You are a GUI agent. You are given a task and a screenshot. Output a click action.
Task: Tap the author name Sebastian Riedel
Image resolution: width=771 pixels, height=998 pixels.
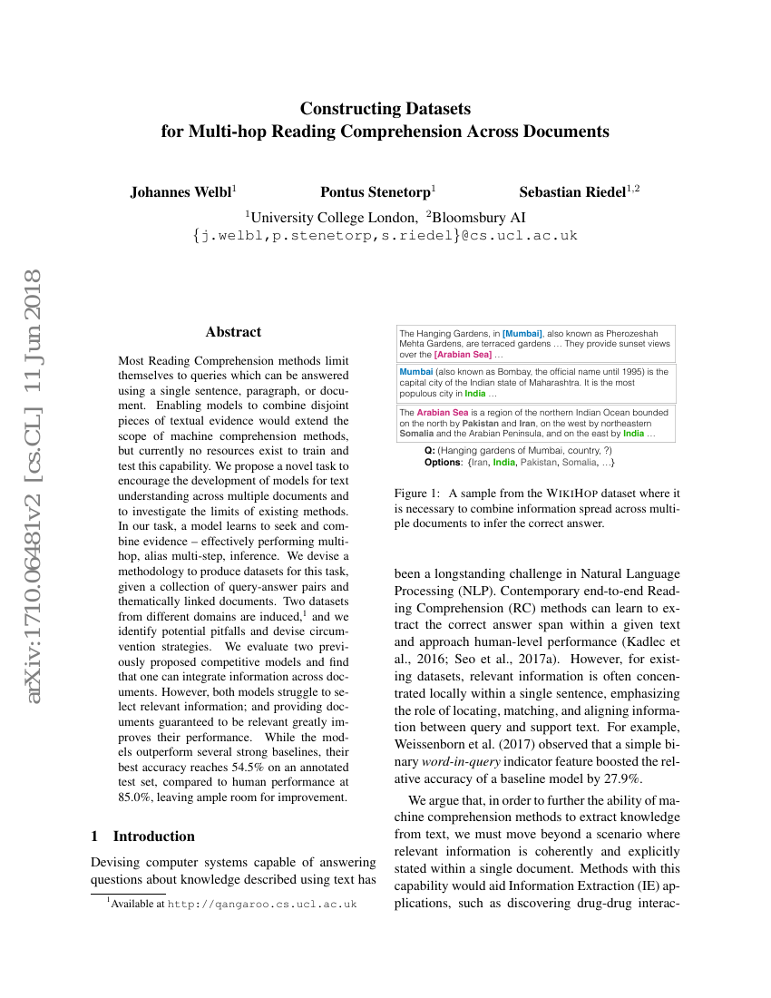click(x=572, y=191)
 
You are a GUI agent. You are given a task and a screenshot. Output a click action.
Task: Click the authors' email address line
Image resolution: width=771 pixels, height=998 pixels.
click(x=385, y=236)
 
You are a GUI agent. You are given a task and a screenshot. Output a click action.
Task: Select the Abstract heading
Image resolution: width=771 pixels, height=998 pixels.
click(x=233, y=332)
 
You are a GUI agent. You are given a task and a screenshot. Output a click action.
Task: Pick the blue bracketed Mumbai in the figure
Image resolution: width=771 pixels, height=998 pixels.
click(x=522, y=334)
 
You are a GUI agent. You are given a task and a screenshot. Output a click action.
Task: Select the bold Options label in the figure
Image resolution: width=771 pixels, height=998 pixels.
click(x=443, y=463)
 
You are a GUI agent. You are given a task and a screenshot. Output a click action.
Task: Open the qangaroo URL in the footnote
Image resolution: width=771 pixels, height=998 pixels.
click(x=262, y=904)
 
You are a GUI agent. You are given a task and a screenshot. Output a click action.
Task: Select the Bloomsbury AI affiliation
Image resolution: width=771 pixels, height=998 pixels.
click(x=480, y=217)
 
